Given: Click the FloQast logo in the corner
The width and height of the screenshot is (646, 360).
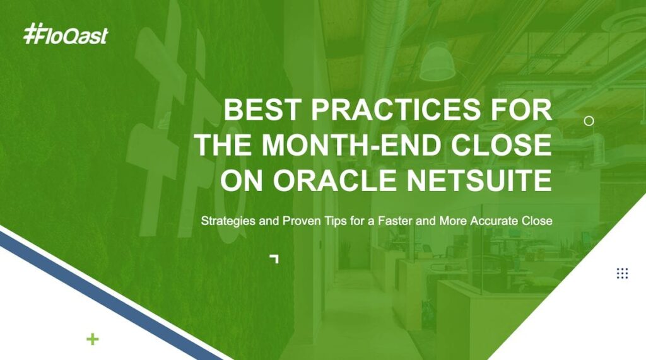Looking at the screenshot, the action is (x=66, y=34).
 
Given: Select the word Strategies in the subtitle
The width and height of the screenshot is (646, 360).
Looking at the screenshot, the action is (x=228, y=221).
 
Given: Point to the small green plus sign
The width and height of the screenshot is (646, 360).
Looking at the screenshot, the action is (x=93, y=339).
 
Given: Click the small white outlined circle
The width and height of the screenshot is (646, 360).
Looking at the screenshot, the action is (x=589, y=120).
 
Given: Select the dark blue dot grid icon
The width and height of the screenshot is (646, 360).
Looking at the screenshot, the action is (x=622, y=273).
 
